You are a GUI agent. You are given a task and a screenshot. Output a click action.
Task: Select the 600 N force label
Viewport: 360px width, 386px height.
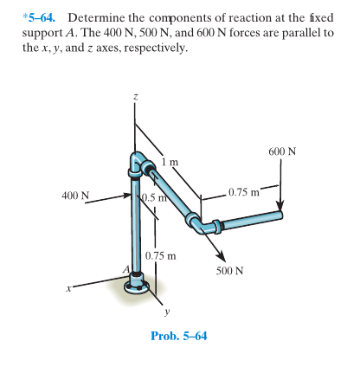click(283, 151)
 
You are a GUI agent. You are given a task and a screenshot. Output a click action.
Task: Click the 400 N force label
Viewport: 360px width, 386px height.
click(77, 195)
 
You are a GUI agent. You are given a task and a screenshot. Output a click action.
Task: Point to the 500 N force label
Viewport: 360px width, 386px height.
click(229, 270)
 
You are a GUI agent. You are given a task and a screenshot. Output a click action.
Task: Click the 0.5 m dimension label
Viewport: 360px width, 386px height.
click(154, 201)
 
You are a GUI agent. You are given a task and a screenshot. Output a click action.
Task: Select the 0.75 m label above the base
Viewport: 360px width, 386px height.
click(161, 255)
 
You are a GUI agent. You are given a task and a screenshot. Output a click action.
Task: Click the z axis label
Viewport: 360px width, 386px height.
click(134, 101)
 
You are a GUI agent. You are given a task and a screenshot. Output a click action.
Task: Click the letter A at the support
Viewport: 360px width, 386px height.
click(125, 271)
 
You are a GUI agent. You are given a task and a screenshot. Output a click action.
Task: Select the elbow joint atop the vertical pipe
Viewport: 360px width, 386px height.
click(138, 164)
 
